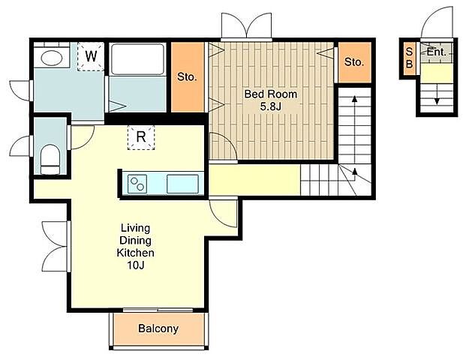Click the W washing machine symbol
coord(91,56)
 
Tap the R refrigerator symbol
coord(141,137)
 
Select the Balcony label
coord(158,328)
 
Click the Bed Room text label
coord(271,94)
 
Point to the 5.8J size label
coord(270,106)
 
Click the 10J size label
coord(136,265)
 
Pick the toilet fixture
coord(50,160)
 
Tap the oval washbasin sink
coord(52,58)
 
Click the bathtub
coord(137,59)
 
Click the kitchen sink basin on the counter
coord(182,184)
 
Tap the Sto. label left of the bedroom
coord(187,77)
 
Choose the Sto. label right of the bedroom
coord(354,62)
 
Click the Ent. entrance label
coord(437,52)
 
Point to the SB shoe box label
coord(409,58)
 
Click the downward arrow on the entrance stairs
coord(437,94)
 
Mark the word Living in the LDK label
coord(135,228)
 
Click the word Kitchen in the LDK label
coord(136,253)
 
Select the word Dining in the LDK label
coord(135,240)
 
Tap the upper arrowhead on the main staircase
coord(354,98)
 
